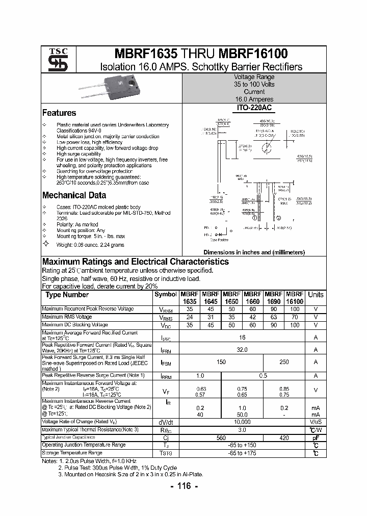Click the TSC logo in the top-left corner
54,60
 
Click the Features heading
59,113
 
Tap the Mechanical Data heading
74,195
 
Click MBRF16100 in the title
253,54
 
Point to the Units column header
316,295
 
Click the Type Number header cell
67,295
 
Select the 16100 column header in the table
295,301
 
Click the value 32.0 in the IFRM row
242,350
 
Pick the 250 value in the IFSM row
284,362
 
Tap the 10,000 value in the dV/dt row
242,422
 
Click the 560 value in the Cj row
221,437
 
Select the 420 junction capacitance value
284,437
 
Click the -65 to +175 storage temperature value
242,453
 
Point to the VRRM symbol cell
166,309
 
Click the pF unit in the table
316,437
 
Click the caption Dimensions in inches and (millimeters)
254,252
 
